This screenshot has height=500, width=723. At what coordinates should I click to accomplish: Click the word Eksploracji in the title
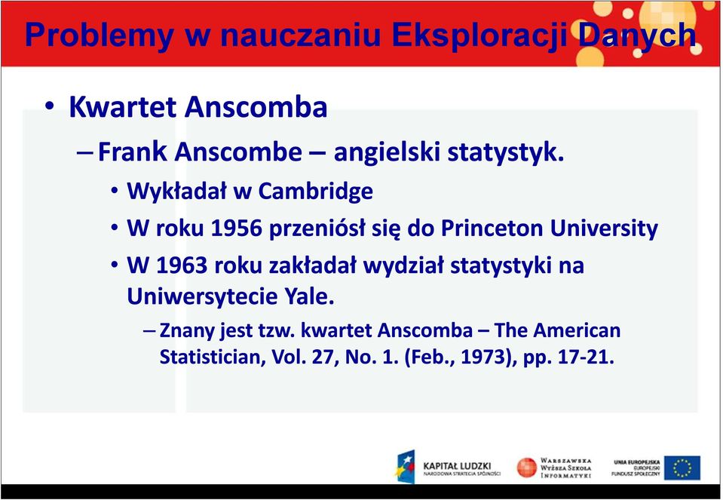pos(476,35)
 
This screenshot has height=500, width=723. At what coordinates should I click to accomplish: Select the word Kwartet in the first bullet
pos(123,107)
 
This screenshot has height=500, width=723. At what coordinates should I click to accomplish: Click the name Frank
pos(133,152)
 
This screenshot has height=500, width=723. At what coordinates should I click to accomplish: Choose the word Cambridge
pos(315,191)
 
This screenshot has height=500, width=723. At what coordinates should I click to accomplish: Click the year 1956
pos(237,229)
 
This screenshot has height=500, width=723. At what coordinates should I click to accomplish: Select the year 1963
pos(182,265)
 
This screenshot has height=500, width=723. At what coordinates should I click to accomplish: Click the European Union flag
pos(682,468)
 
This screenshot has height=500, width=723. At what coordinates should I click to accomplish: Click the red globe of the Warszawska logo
pos(526,468)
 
